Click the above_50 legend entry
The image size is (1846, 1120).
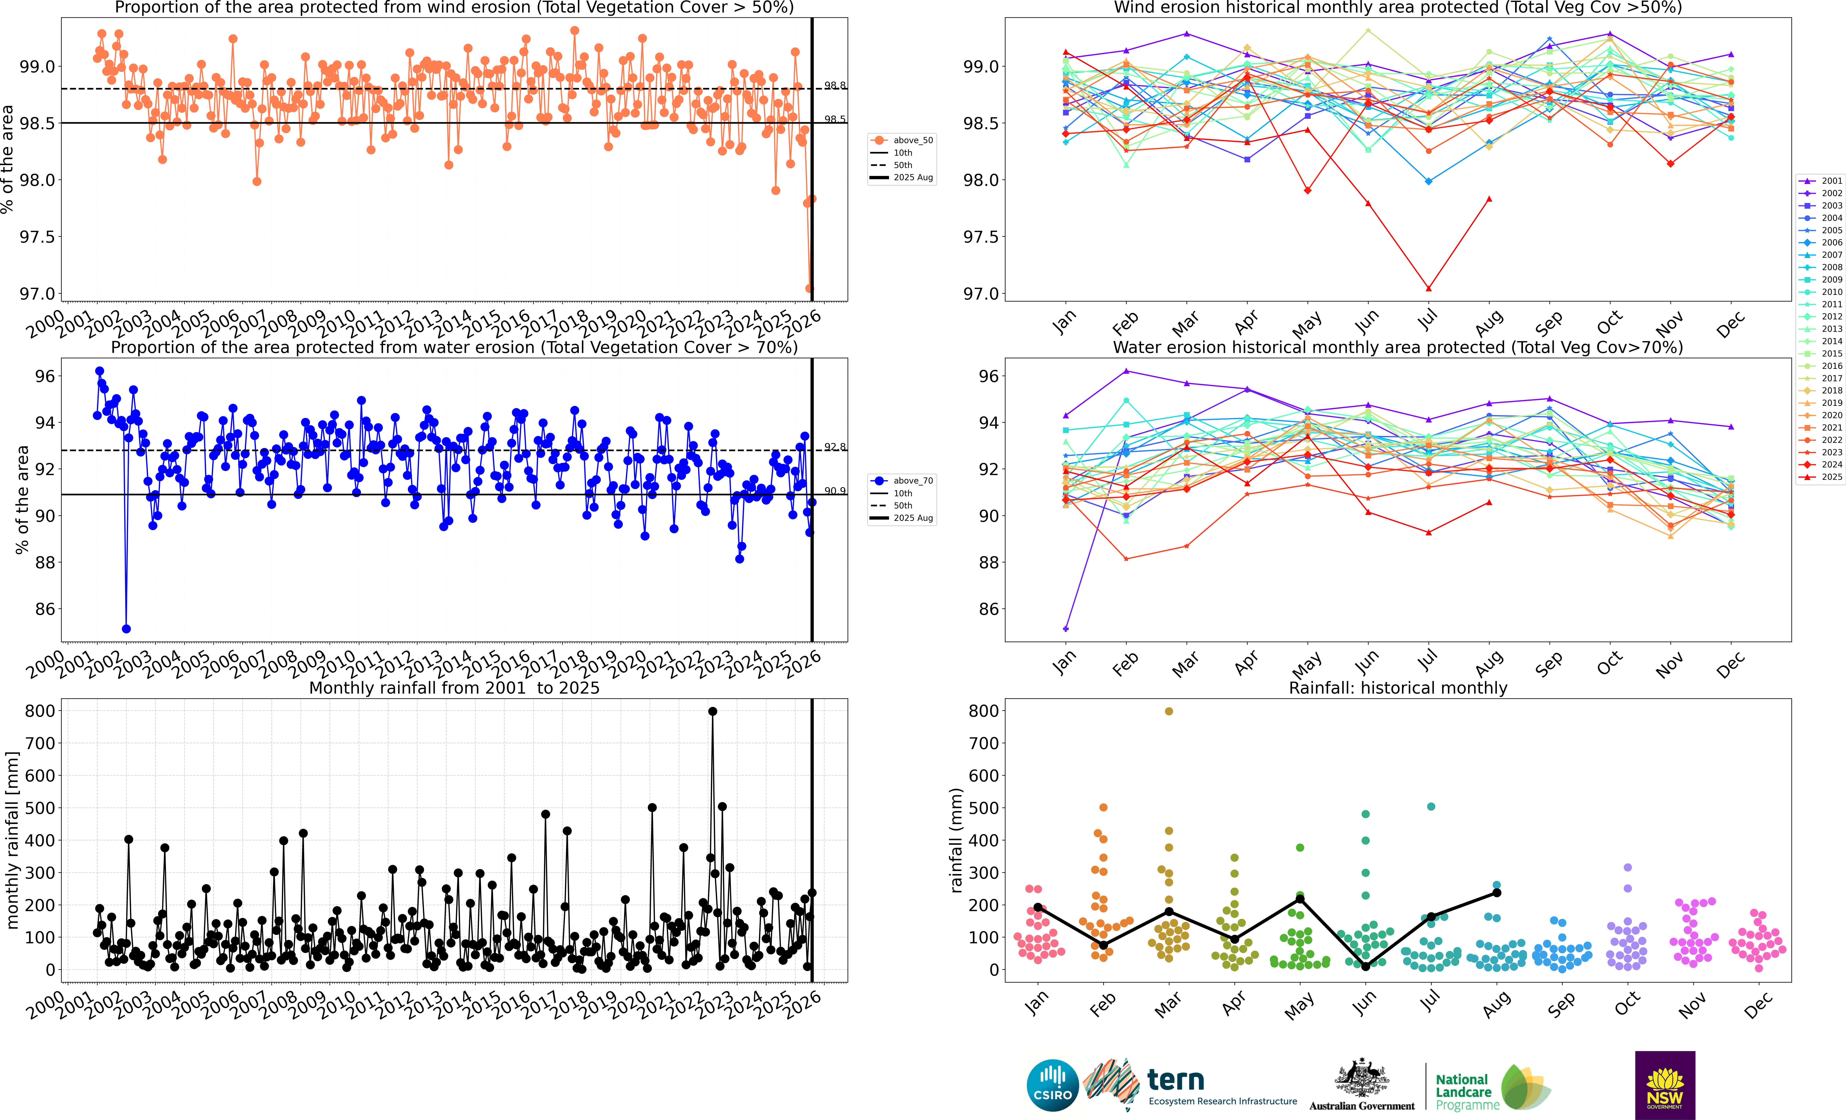click(903, 140)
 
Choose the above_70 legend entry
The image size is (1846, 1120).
click(903, 480)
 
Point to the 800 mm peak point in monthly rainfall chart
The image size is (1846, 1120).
click(712, 712)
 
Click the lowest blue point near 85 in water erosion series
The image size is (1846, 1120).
click(127, 629)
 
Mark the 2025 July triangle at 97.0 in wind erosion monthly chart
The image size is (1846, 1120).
click(1429, 288)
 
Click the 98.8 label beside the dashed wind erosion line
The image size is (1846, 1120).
click(835, 85)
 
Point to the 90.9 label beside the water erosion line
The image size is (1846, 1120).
click(835, 491)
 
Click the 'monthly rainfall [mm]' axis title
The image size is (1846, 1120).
click(12, 841)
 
